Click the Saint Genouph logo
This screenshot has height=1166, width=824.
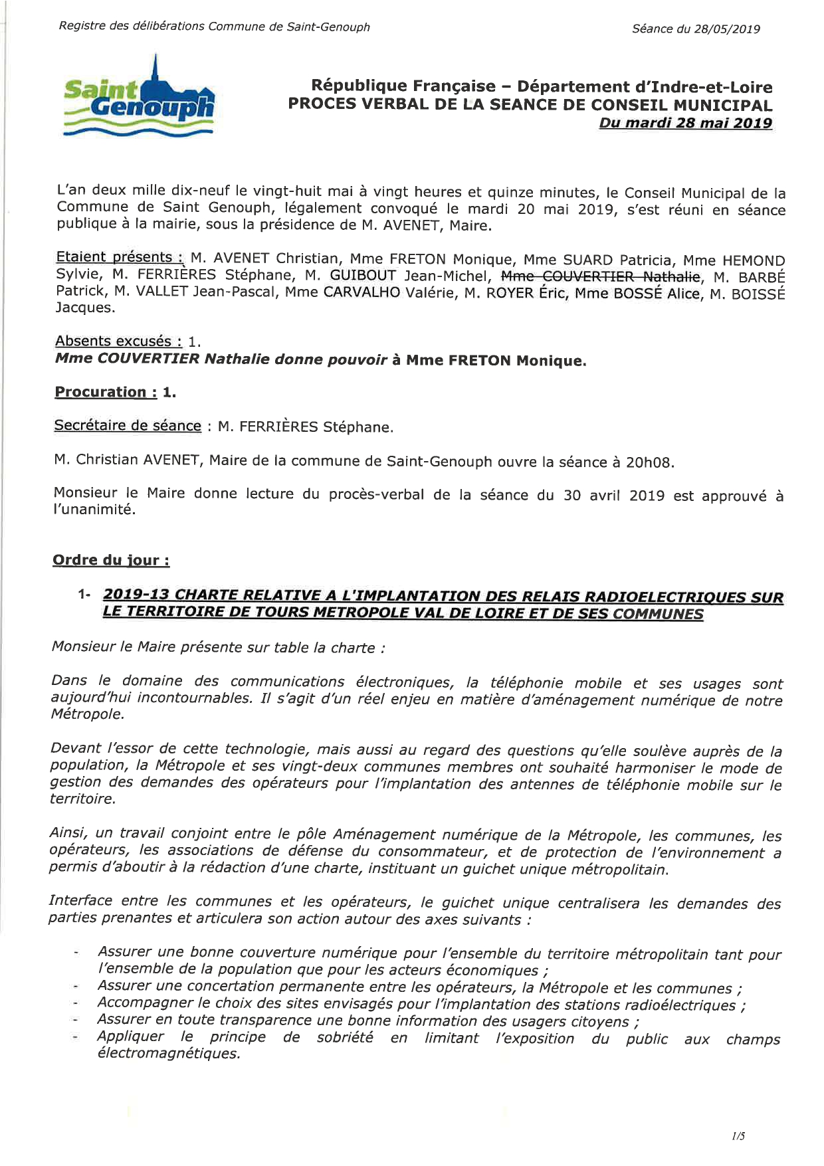pyautogui.click(x=139, y=97)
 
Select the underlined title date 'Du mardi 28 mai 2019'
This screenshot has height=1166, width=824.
pyautogui.click(x=685, y=123)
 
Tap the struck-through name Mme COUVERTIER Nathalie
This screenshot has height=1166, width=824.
pyautogui.click(x=600, y=276)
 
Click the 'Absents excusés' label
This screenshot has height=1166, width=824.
pyautogui.click(x=118, y=341)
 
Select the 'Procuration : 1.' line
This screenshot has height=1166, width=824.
pyautogui.click(x=115, y=392)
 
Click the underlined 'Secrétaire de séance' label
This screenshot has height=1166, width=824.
pyautogui.click(x=128, y=426)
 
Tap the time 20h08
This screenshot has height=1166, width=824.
pyautogui.click(x=649, y=462)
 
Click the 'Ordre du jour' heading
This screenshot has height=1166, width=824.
pyautogui.click(x=111, y=560)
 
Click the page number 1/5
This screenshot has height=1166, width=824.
pyautogui.click(x=738, y=1136)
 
